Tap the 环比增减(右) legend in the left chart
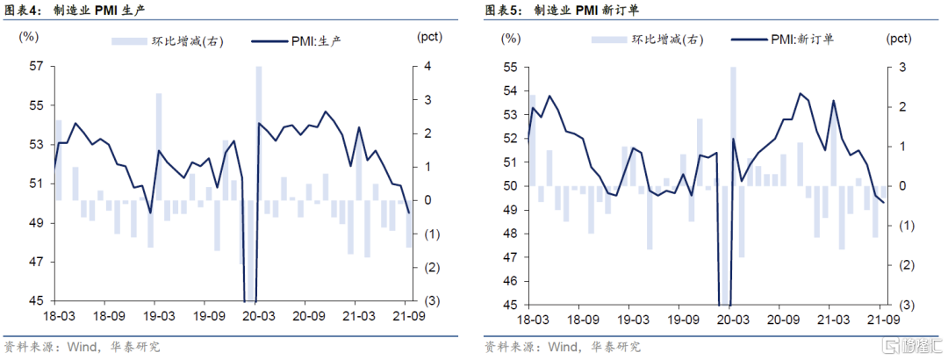tap(170, 40)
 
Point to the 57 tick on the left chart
tap(36, 67)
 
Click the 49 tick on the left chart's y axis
tap(36, 223)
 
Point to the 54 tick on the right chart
tap(510, 91)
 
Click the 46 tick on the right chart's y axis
tap(510, 281)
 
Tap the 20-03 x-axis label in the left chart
tap(259, 315)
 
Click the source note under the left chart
tap(83, 347)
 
